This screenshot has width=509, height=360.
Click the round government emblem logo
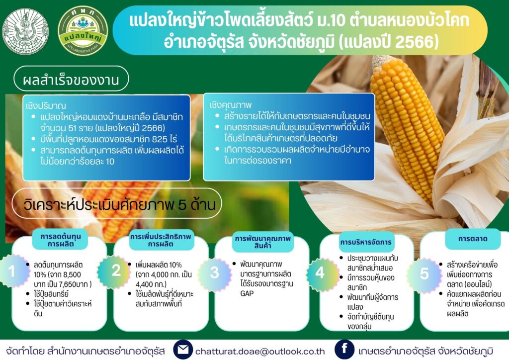click(25, 31)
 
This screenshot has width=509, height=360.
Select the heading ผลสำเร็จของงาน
click(71, 80)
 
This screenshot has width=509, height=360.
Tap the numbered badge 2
click(116, 270)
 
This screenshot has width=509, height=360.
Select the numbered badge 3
click(214, 272)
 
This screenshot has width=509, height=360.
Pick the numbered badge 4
click(320, 272)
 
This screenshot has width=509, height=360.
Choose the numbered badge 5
click(424, 273)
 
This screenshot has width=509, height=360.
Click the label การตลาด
click(473, 239)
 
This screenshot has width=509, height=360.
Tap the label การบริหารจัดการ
click(366, 242)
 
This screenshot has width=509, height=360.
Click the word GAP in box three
click(247, 293)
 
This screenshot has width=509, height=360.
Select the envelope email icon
click(183, 350)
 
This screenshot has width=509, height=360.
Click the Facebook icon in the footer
click(344, 349)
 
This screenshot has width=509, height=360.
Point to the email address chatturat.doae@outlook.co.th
click(260, 352)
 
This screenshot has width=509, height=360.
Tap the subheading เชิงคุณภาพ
click(231, 105)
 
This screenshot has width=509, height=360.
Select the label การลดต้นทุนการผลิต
click(61, 240)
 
